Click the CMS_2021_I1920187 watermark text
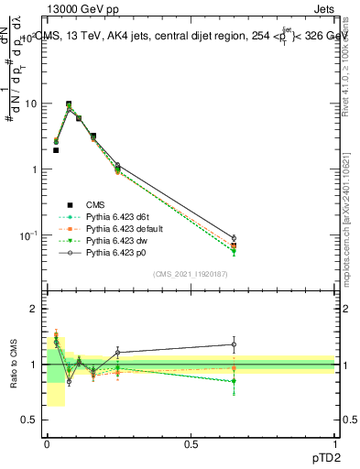click(191, 273)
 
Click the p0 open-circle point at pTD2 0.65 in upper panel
click(234, 238)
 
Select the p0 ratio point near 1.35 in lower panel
click(234, 344)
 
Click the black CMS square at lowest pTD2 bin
click(56, 150)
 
